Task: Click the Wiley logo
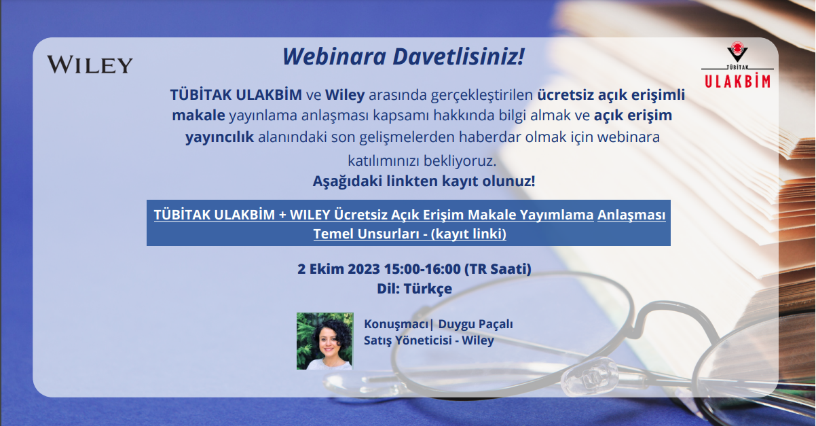[90, 65]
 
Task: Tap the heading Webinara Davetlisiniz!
[403, 57]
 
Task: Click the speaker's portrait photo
[325, 341]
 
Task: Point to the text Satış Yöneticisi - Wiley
[429, 340]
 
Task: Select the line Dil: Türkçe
[414, 288]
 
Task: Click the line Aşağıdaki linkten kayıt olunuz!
[424, 181]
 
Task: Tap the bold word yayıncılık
[220, 137]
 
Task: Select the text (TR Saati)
[498, 268]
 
